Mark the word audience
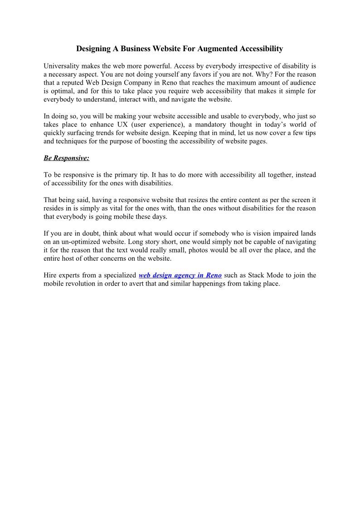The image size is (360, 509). pos(302,83)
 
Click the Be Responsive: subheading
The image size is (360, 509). pos(66,158)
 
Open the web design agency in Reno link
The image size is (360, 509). pos(180,276)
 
